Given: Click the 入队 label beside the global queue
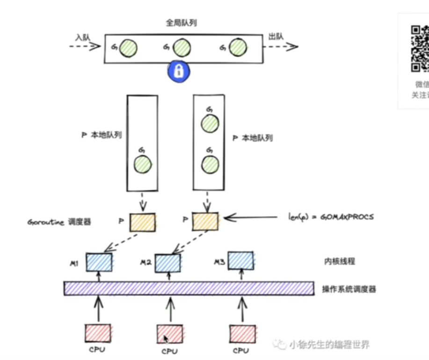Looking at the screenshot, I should click(x=83, y=36).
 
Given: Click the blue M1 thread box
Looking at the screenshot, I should click(x=99, y=262).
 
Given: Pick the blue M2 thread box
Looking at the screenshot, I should click(x=168, y=263).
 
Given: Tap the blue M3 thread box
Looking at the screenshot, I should click(x=241, y=260).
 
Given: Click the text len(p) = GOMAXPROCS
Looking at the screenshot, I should click(x=331, y=217).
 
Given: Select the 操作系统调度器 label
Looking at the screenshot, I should click(x=349, y=289).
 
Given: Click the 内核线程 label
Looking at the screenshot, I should click(x=339, y=261).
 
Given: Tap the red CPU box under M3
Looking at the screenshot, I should click(x=242, y=334).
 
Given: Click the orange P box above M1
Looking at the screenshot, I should click(x=142, y=222).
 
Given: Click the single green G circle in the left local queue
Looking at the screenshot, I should click(x=143, y=165).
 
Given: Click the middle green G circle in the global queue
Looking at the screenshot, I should click(x=181, y=47).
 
